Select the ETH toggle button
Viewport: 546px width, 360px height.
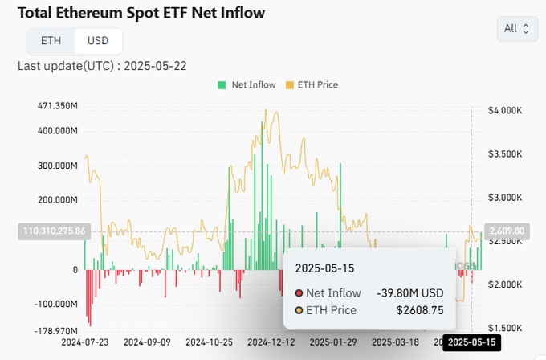tap(50, 40)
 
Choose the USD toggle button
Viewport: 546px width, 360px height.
tap(98, 40)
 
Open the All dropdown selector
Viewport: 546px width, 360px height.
tap(516, 29)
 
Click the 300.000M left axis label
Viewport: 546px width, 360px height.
tap(57, 166)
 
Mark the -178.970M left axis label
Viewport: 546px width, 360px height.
tap(57, 331)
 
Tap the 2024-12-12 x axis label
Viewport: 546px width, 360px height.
tap(271, 342)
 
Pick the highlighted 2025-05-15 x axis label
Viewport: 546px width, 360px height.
tap(473, 342)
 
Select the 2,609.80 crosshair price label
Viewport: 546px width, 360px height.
tap(506, 231)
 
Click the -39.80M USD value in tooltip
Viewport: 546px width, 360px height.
tap(411, 293)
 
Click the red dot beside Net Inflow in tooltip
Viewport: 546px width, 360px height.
tap(299, 293)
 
